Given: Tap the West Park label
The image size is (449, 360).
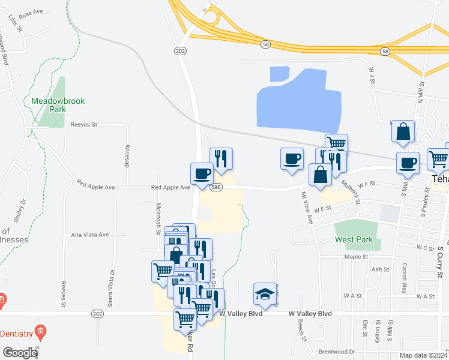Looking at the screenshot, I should tap(354, 240).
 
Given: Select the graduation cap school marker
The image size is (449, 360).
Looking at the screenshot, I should tap(265, 294).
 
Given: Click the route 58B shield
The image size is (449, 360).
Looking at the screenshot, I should tap(217, 187).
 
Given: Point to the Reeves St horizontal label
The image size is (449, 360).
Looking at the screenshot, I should tap(83, 125).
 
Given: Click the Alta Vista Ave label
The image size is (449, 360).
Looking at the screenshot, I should tap(90, 235).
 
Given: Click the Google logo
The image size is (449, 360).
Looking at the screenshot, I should tap(19, 353).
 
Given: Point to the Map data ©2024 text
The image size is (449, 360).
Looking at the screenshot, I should tap(423, 355).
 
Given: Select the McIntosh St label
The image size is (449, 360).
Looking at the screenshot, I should tap(158, 214).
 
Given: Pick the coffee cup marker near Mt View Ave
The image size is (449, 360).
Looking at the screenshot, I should tap(292, 159).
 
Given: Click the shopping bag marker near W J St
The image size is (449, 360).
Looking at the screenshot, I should tap(403, 131).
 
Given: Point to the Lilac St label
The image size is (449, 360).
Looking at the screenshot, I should tap(16, 23).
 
